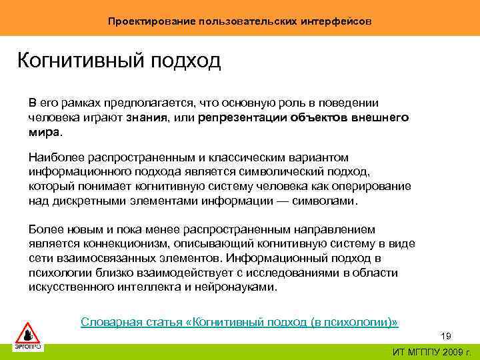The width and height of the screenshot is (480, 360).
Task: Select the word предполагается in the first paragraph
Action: (147, 103)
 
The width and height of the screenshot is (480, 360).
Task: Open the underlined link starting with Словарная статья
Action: (239, 323)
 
